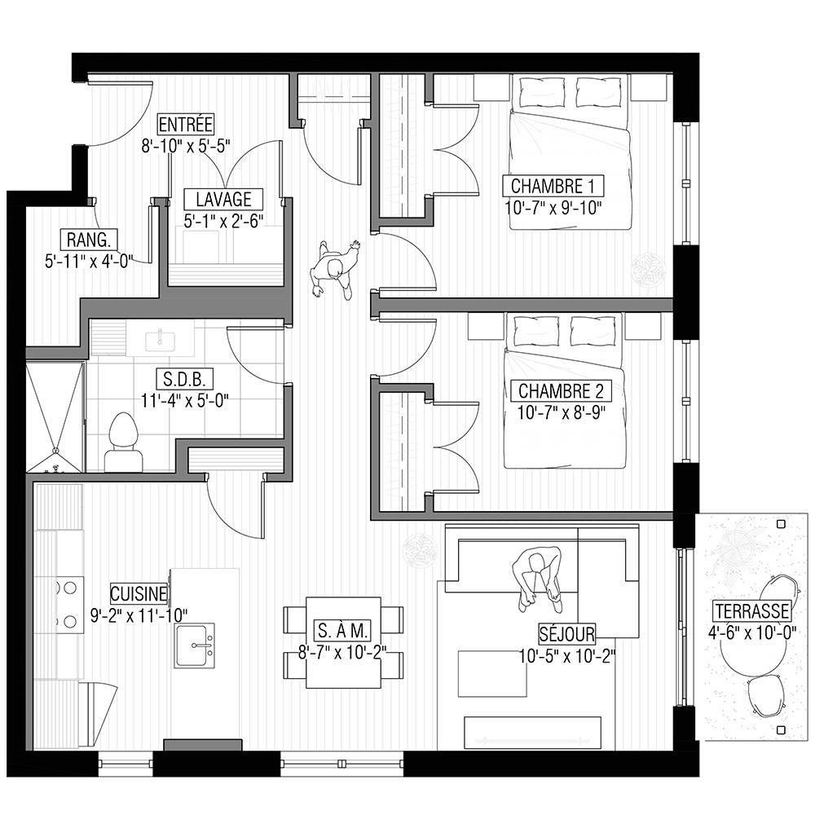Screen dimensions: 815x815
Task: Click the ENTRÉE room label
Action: pyautogui.click(x=186, y=125)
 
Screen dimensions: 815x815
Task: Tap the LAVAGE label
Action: pyautogui.click(x=223, y=199)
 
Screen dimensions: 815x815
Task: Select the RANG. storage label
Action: pyautogui.click(x=89, y=240)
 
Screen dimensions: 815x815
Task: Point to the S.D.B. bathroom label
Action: pyautogui.click(x=184, y=379)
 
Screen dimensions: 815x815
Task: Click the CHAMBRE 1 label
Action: pyautogui.click(x=553, y=186)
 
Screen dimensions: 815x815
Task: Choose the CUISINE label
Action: pyautogui.click(x=139, y=593)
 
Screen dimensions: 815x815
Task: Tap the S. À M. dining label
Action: pyautogui.click(x=342, y=631)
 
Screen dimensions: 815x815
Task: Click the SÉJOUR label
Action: pyautogui.click(x=566, y=633)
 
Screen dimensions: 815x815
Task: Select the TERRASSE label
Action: pyautogui.click(x=751, y=610)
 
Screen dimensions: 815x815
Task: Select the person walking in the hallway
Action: pyautogui.click(x=335, y=269)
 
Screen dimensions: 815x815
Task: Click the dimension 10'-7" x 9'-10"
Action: pyautogui.click(x=553, y=208)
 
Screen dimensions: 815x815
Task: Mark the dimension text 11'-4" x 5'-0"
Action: pyautogui.click(x=184, y=401)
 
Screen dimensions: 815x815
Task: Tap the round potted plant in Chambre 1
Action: pyautogui.click(x=650, y=269)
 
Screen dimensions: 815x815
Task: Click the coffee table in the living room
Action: pyautogui.click(x=492, y=673)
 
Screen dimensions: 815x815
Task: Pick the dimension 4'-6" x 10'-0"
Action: pyautogui.click(x=751, y=632)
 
